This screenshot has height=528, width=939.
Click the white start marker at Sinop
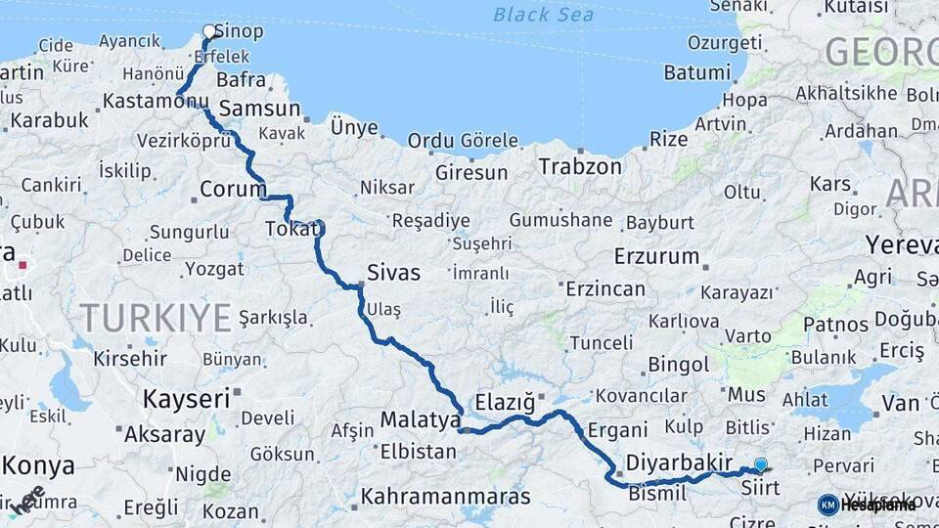[208, 31]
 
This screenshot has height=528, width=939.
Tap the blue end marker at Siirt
[761, 464]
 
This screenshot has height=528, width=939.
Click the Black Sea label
[543, 14]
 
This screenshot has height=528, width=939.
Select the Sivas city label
[393, 273]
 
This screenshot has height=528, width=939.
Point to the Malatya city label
[420, 420]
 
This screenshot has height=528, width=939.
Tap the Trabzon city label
[579, 166]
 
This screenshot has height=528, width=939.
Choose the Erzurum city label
[656, 257]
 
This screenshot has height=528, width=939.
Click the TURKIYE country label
[156, 317]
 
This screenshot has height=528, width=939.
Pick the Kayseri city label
[186, 398]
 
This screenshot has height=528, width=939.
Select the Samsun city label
[259, 108]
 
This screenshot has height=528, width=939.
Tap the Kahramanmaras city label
[445, 496]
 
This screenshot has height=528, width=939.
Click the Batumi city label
[697, 72]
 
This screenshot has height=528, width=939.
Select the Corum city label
[233, 189]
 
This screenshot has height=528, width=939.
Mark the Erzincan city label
[605, 288]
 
